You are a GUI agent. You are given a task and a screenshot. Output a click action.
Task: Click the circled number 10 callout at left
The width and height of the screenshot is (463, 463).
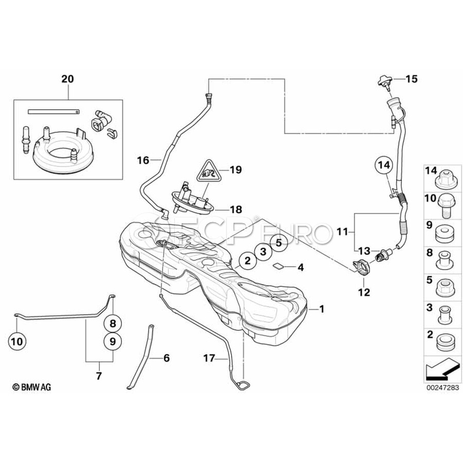pyautogui.click(x=17, y=342)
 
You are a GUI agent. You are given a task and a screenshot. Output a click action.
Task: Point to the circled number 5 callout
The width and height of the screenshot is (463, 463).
pyautogui.click(x=279, y=243)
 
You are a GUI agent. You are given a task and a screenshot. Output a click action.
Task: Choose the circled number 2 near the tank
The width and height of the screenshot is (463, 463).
pyautogui.click(x=247, y=260)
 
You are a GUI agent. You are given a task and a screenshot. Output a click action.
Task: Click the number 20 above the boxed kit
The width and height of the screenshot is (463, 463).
pyautogui.click(x=67, y=79)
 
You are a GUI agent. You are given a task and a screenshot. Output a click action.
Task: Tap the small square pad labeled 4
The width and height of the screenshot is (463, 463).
pyautogui.click(x=278, y=266)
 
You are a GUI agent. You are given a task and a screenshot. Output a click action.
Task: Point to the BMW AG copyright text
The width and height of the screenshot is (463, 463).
pyautogui.click(x=31, y=387)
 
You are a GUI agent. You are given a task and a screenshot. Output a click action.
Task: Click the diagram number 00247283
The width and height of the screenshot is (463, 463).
pyautogui.click(x=442, y=387)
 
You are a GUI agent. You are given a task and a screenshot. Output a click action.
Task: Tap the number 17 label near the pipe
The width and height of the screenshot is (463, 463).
pyautogui.click(x=209, y=359)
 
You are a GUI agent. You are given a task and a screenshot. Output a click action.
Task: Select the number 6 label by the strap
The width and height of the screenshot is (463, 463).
pyautogui.click(x=167, y=358)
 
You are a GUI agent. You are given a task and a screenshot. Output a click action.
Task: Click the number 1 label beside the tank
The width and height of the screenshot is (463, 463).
pyautogui.click(x=322, y=309)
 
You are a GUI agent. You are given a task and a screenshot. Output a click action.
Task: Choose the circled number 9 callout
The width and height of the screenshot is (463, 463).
pyautogui.click(x=113, y=342)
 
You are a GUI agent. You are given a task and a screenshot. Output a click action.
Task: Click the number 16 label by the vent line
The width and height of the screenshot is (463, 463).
pyautogui.click(x=143, y=161)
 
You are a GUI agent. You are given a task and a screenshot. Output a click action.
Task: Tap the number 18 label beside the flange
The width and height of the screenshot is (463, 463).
pyautogui.click(x=236, y=209)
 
